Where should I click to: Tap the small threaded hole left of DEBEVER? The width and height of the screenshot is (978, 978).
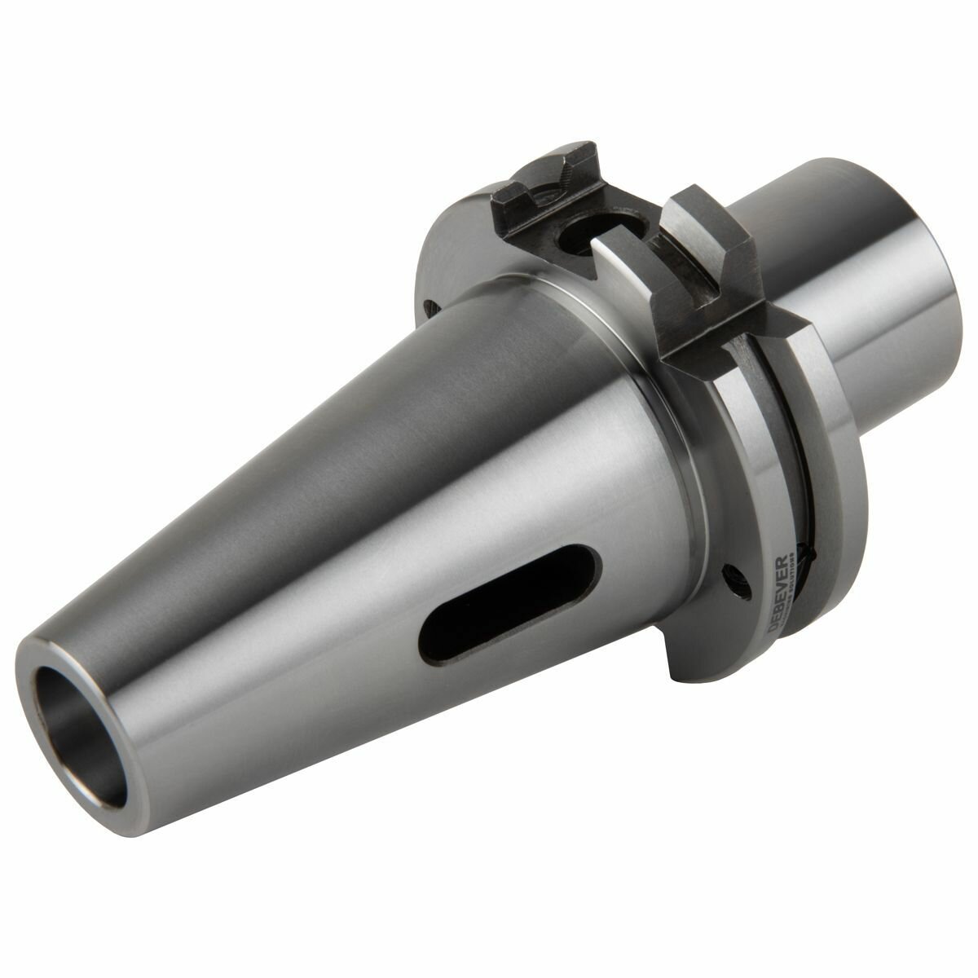[x=738, y=574]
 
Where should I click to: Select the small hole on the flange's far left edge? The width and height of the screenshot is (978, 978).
[x=430, y=307]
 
